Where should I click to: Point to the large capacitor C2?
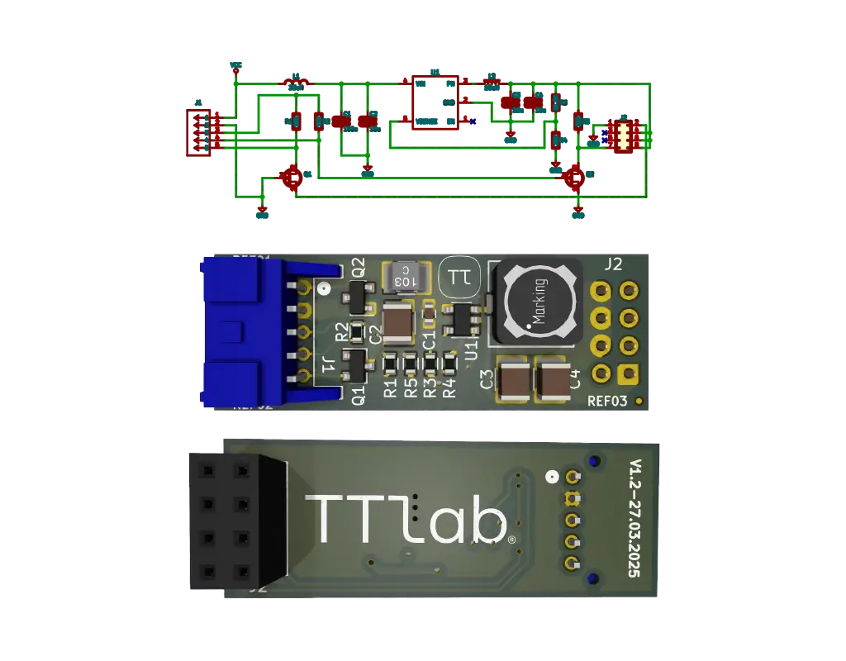point(398,322)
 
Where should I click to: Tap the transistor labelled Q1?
point(355,364)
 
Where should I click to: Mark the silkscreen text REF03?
point(607,402)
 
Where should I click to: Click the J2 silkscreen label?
point(613,265)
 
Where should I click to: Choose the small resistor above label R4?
point(450,363)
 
